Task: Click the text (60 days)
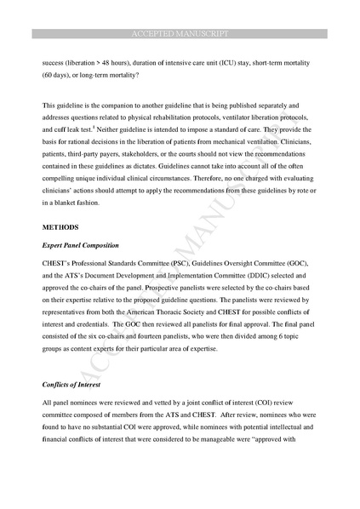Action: pyautogui.click(x=59, y=74)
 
